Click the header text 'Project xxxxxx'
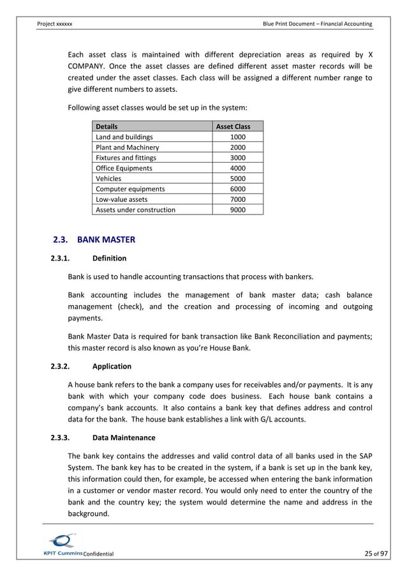[55, 24]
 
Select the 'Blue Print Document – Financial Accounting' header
[317, 24]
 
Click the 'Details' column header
[107, 126]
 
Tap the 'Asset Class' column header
[233, 126]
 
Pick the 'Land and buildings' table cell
[124, 137]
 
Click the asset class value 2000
[237, 148]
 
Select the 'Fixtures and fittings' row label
[126, 158]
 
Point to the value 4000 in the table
[237, 168]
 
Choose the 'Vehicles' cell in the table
[108, 179]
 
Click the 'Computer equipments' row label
[130, 189]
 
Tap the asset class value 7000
[237, 199]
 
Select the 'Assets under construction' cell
[135, 209]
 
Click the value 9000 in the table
[237, 209]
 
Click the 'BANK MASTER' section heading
[105, 240]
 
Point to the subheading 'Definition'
[109, 259]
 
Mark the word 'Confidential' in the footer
[98, 554]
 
